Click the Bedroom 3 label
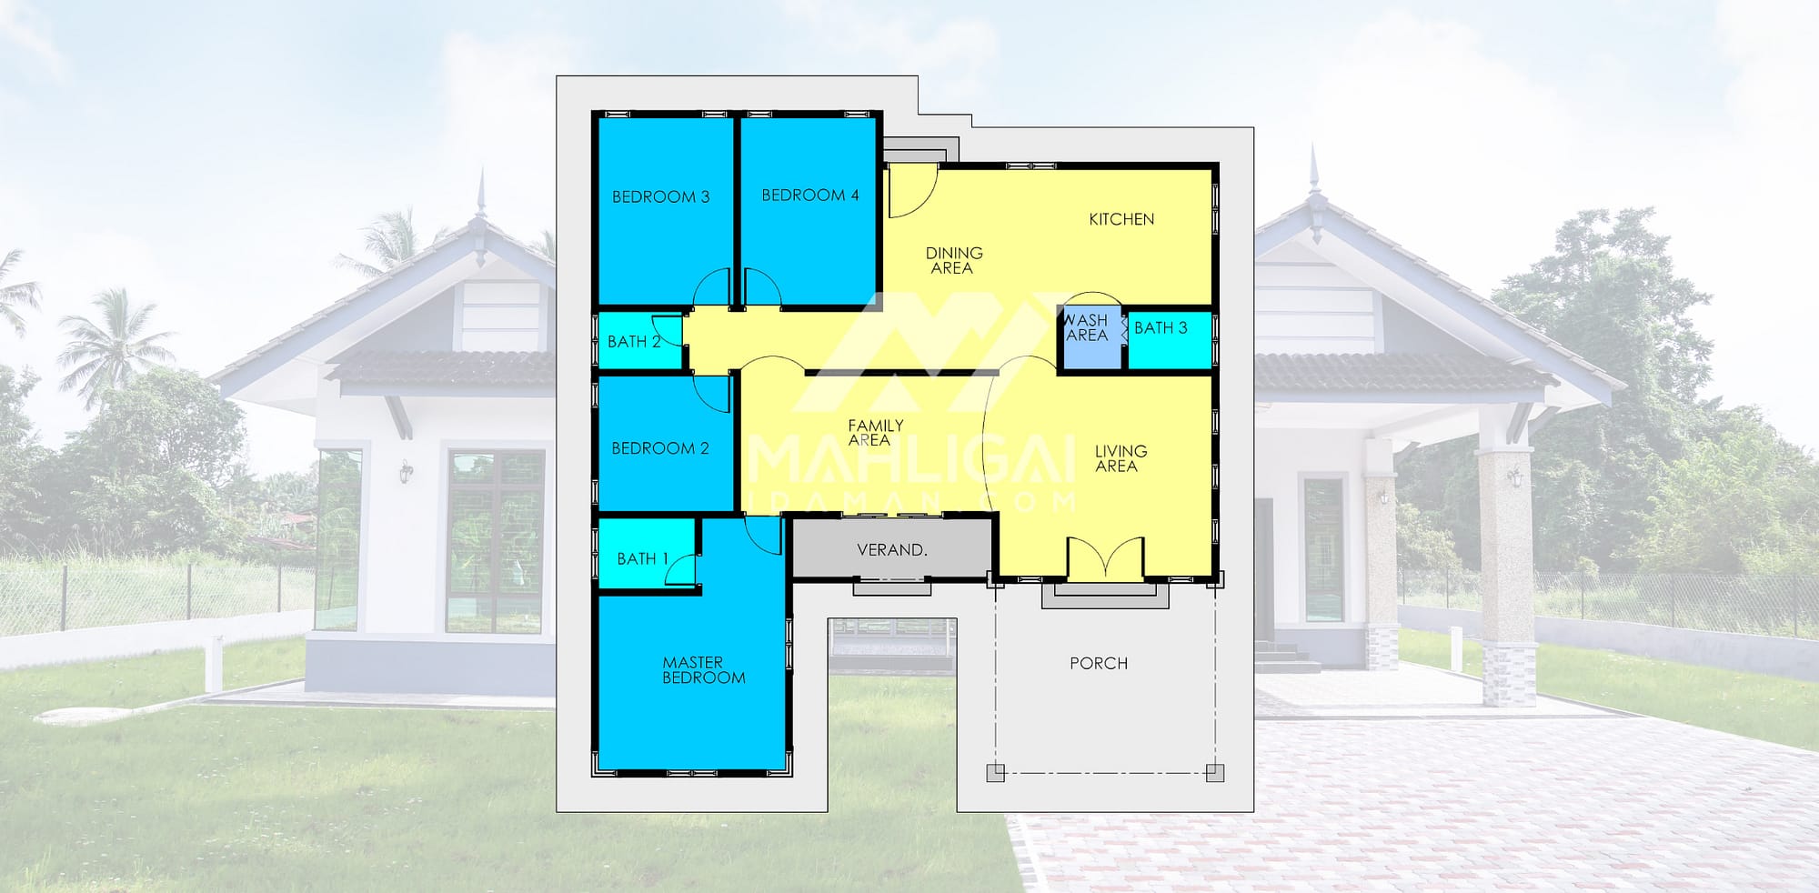tap(660, 196)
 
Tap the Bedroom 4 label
tap(810, 195)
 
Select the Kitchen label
tap(1121, 219)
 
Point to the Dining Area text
tap(953, 260)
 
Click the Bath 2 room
tap(639, 341)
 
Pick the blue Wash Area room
tap(1090, 338)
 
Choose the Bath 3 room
tap(1171, 340)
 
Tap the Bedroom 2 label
tap(659, 448)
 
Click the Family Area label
tap(875, 433)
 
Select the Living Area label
tap(1120, 458)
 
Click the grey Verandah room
tap(891, 547)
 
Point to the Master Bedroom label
tap(703, 670)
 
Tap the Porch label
tap(1099, 664)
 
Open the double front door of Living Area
tap(1105, 557)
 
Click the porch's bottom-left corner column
tap(996, 773)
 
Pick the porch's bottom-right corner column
tap(1214, 773)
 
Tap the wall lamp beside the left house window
tap(406, 471)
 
